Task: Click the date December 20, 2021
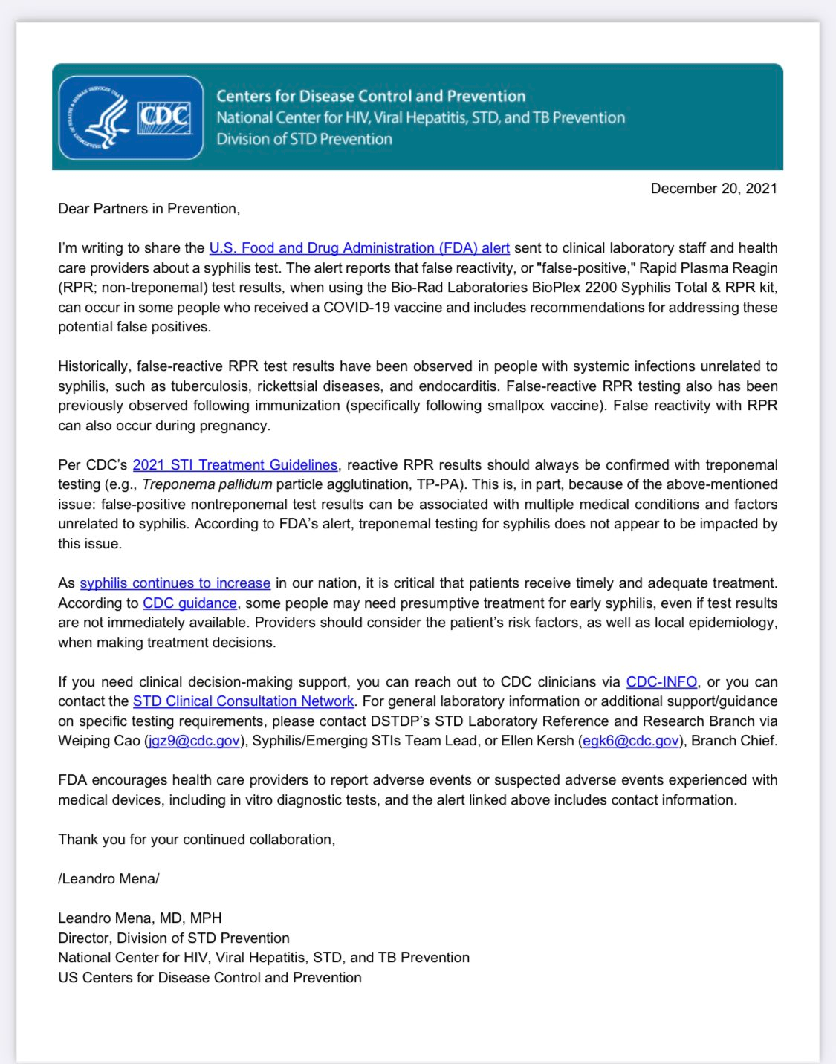[x=713, y=188]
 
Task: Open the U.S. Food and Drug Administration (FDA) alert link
[x=359, y=248]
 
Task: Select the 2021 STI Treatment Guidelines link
[x=235, y=465]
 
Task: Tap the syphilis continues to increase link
[x=175, y=583]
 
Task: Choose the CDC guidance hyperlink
[x=189, y=603]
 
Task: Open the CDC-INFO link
[x=661, y=682]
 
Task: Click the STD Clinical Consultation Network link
[x=243, y=701]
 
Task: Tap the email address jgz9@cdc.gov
[x=194, y=741]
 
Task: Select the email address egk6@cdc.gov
[x=631, y=741]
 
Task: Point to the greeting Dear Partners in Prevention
[x=149, y=209]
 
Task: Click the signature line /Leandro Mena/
[x=108, y=879]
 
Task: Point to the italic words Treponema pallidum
[x=207, y=484]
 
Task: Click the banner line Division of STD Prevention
[x=304, y=139]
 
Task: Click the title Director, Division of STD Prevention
[x=174, y=938]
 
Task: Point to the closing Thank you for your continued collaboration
[x=196, y=840]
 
